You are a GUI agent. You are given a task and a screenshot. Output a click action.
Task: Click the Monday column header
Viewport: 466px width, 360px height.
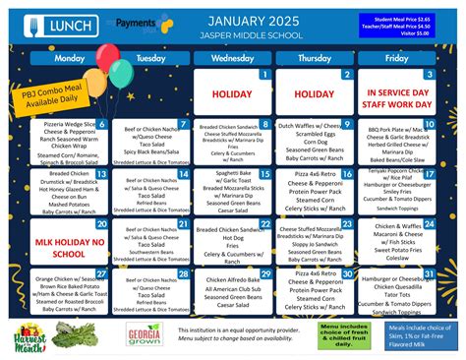[x=70, y=59]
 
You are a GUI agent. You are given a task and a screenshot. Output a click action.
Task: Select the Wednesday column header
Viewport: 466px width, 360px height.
[x=232, y=59]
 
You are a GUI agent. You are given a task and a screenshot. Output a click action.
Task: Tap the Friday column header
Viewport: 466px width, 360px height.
[x=396, y=59]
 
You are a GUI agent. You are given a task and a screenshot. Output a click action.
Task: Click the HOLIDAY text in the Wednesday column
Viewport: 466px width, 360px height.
[x=232, y=94]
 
